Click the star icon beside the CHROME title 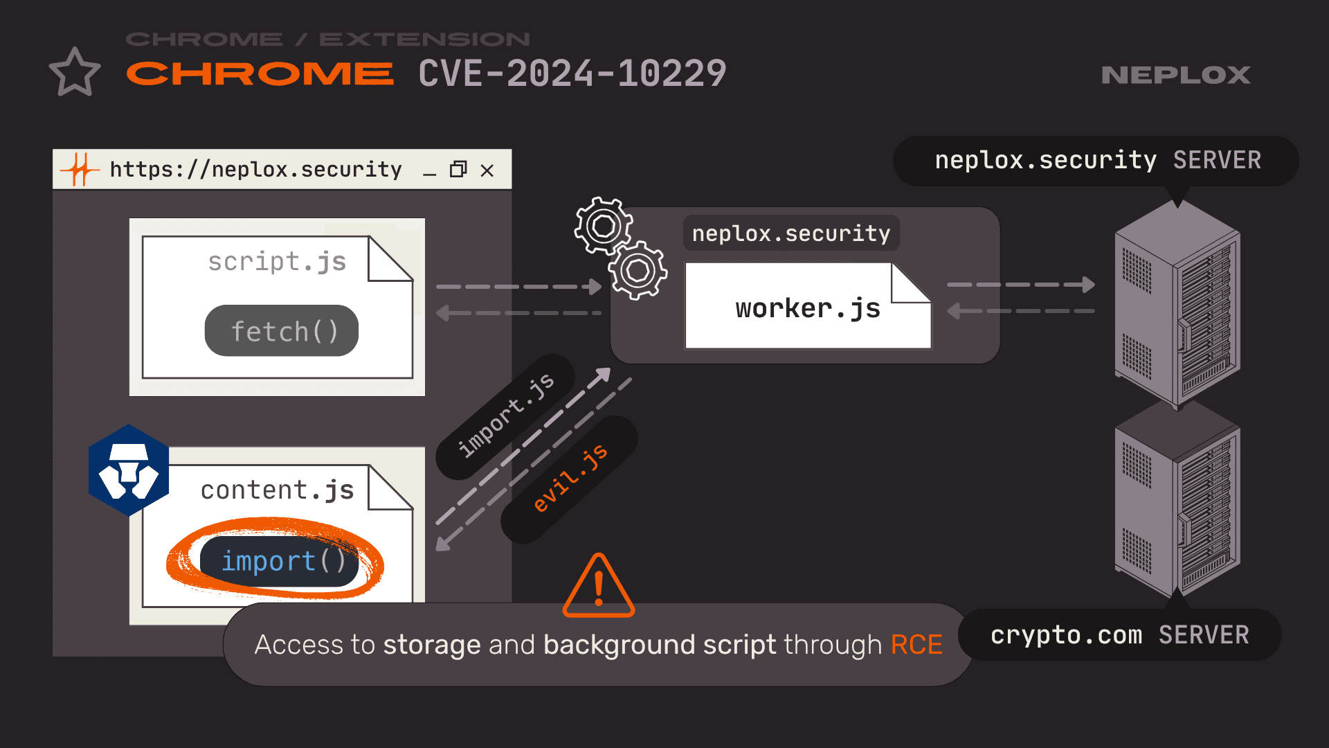pyautogui.click(x=75, y=73)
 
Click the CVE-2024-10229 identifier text pyautogui.click(x=572, y=73)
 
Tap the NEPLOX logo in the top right pyautogui.click(x=1175, y=75)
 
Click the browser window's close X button pyautogui.click(x=487, y=170)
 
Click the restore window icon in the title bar pyautogui.click(x=458, y=170)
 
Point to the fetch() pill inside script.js pyautogui.click(x=282, y=331)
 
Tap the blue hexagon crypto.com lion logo pyautogui.click(x=129, y=470)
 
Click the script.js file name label pyautogui.click(x=277, y=262)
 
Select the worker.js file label pyautogui.click(x=807, y=308)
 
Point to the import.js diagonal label pyautogui.click(x=506, y=415)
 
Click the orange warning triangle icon pyautogui.click(x=599, y=587)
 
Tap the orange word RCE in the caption pyautogui.click(x=916, y=645)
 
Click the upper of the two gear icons pyautogui.click(x=603, y=226)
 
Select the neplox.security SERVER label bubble pyautogui.click(x=1096, y=161)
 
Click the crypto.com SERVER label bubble pyautogui.click(x=1119, y=635)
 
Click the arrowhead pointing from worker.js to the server pyautogui.click(x=1087, y=285)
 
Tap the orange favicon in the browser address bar pyautogui.click(x=80, y=170)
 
